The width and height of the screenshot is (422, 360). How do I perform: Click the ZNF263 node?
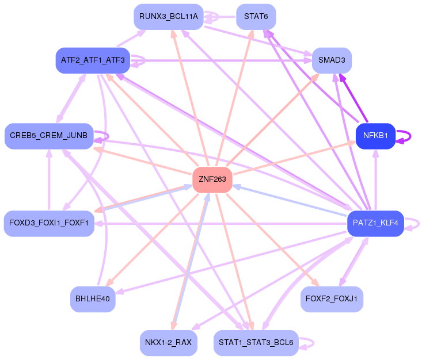(x=212, y=179)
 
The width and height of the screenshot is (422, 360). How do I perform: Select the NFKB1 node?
(x=375, y=136)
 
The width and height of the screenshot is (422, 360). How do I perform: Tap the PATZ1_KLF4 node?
(x=375, y=224)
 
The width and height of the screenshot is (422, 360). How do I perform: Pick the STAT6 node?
(x=256, y=17)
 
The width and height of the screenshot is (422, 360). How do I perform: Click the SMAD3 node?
(x=332, y=60)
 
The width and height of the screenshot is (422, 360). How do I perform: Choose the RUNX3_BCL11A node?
(x=169, y=17)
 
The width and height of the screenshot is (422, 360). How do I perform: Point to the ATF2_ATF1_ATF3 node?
(x=93, y=60)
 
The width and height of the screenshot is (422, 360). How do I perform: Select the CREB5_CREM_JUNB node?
(x=49, y=136)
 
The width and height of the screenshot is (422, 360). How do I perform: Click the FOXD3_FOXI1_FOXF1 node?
(x=49, y=224)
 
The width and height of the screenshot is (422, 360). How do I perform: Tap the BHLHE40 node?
(x=93, y=299)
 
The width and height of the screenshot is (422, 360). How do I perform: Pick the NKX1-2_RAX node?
(x=169, y=343)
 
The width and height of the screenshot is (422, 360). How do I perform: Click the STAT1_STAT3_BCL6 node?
(x=256, y=343)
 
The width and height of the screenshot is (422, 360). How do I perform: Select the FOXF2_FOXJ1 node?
(x=332, y=299)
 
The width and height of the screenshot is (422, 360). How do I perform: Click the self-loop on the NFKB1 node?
(x=410, y=136)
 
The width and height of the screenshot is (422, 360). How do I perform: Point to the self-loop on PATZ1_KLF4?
(x=419, y=224)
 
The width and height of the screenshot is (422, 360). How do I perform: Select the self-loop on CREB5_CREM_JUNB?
(x=108, y=136)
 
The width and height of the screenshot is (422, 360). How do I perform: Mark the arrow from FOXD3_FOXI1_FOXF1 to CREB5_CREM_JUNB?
(x=49, y=179)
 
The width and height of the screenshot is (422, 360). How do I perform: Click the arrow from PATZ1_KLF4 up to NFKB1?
(x=376, y=179)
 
